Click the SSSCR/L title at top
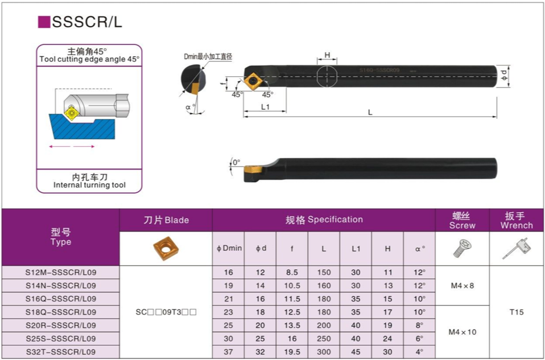[x=86, y=22]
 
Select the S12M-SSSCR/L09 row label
[x=61, y=272]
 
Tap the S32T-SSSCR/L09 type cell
[x=61, y=351]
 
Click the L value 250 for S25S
[x=324, y=338]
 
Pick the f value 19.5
[x=292, y=351]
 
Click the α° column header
[x=420, y=249]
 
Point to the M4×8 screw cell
[x=462, y=286]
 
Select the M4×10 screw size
[x=462, y=332]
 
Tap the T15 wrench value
[x=517, y=312]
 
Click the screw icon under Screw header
[x=462, y=248]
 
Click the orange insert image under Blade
[x=166, y=248]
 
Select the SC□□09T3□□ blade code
[x=166, y=312]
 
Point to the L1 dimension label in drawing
[x=265, y=107]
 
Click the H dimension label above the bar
[x=327, y=55]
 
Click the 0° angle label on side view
[x=236, y=162]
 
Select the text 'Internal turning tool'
[x=90, y=185]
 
